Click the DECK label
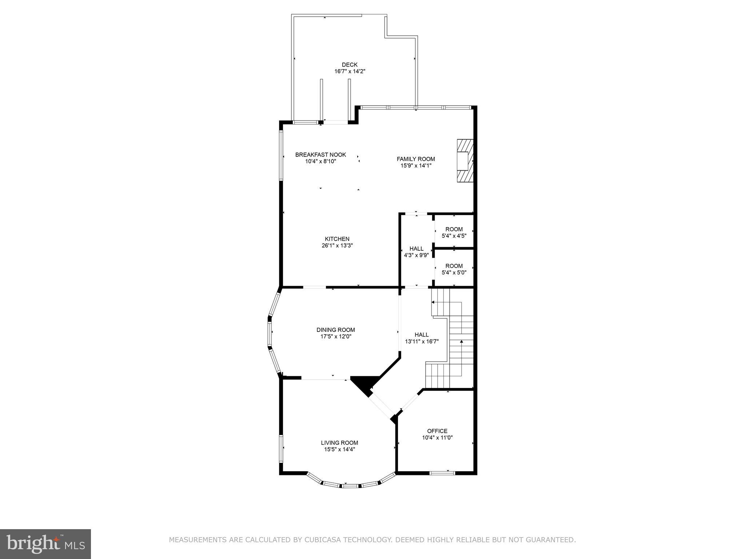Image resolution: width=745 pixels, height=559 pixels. (349, 65)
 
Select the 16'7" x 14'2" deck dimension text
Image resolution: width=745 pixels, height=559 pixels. (349, 72)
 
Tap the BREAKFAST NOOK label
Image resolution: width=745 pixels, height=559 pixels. (320, 155)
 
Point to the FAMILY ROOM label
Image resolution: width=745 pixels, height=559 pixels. (415, 159)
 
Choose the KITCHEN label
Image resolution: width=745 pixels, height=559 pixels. (337, 239)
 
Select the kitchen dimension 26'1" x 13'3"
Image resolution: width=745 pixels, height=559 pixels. (337, 246)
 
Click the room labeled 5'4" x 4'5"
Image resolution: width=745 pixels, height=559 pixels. (454, 232)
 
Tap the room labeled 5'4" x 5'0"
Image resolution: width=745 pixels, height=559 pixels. (454, 269)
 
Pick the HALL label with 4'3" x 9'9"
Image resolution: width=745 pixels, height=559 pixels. (416, 249)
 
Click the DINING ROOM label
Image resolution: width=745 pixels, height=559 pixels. (335, 330)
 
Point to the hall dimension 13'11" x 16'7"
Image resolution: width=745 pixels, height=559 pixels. (422, 342)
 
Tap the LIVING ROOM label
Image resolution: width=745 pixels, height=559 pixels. (339, 443)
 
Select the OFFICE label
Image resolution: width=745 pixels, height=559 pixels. (437, 431)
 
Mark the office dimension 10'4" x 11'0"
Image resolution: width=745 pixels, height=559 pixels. (437, 438)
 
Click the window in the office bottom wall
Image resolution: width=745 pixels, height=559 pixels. (442, 473)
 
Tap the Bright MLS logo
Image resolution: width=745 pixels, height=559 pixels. (45, 544)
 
